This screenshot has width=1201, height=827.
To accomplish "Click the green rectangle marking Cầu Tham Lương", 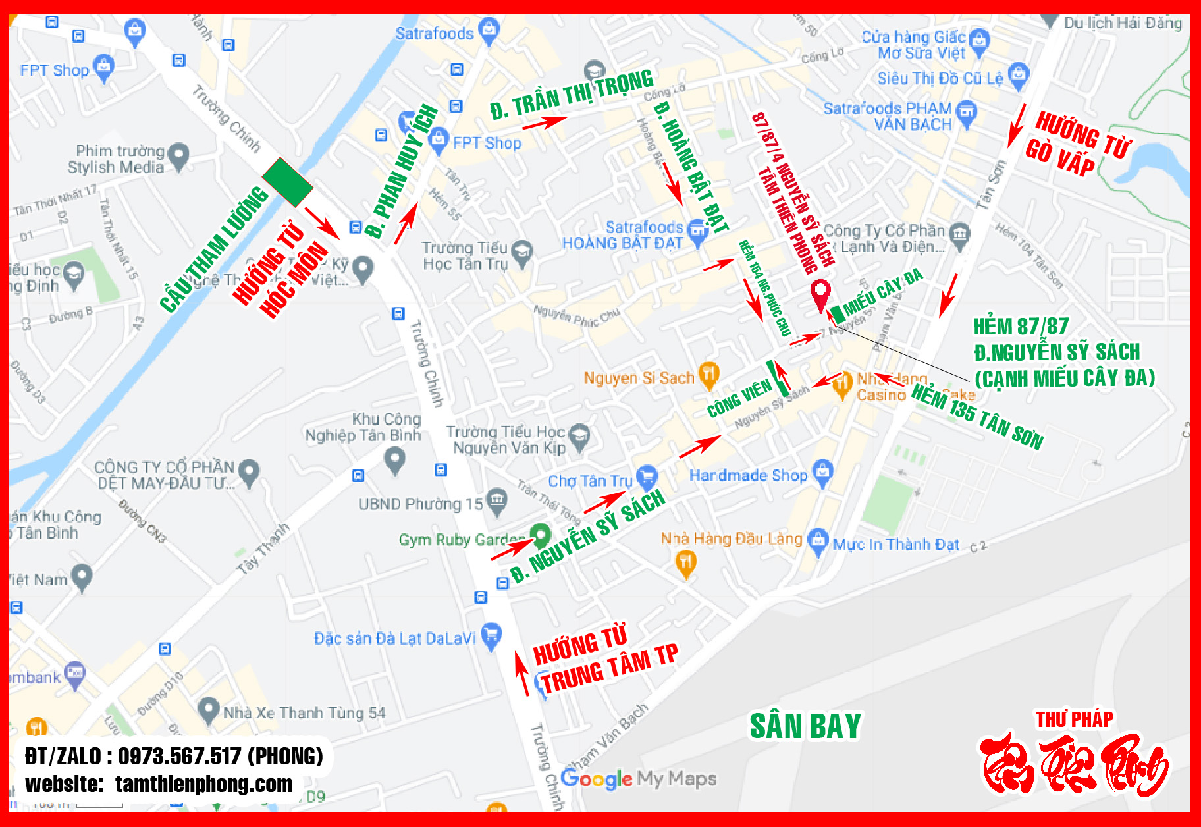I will [x=287, y=182].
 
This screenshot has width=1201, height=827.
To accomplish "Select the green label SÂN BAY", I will [x=805, y=726].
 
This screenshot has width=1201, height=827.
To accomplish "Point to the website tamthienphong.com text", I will [x=203, y=784].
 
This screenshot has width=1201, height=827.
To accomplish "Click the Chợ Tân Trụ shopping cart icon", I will [x=647, y=477].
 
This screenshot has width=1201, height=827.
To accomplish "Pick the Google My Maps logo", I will [x=638, y=779].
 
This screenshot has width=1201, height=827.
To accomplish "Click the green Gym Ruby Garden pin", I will [x=541, y=535].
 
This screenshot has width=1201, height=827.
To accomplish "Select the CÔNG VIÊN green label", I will [x=739, y=398].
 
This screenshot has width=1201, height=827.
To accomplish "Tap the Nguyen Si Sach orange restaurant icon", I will [x=708, y=375].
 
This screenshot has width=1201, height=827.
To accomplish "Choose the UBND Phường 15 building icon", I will [x=496, y=502].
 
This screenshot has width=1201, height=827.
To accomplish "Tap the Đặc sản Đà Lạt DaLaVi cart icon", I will [x=491, y=636].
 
